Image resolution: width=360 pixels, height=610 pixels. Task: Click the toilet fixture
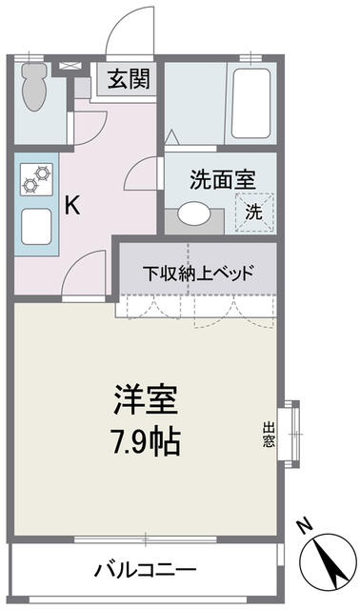pyautogui.click(x=34, y=87)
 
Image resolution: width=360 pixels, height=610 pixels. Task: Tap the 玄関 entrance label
pyautogui.click(x=129, y=79)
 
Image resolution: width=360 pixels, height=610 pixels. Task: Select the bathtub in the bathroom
pyautogui.click(x=250, y=104)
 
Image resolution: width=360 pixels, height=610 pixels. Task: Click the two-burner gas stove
pyautogui.click(x=36, y=179)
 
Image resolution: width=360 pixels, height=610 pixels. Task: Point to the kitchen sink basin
pyautogui.click(x=36, y=227)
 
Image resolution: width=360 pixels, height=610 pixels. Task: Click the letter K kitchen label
pyautogui.click(x=72, y=205)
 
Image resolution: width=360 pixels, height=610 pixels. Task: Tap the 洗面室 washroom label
pyautogui.click(x=222, y=180)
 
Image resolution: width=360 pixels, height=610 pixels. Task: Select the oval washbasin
pyautogui.click(x=195, y=213)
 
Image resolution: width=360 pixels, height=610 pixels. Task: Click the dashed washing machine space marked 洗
pyautogui.click(x=254, y=213)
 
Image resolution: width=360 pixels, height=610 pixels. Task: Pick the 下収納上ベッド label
pyautogui.click(x=198, y=274)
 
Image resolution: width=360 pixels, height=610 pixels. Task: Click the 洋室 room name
pyautogui.click(x=146, y=399)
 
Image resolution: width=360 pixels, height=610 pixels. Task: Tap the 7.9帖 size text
pyautogui.click(x=146, y=441)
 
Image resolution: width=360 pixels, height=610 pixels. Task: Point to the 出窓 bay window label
pyautogui.click(x=269, y=434)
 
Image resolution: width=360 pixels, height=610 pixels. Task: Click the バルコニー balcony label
pyautogui.click(x=146, y=570)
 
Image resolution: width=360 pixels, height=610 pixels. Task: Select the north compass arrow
pyautogui.click(x=329, y=561)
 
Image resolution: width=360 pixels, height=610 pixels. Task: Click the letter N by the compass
pyautogui.click(x=305, y=525)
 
